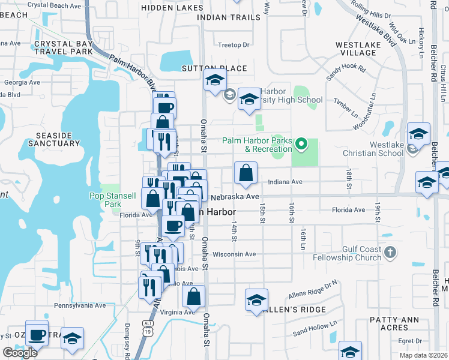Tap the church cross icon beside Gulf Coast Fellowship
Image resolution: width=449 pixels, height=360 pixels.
coord(390,252)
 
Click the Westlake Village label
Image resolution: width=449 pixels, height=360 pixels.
coord(355,49)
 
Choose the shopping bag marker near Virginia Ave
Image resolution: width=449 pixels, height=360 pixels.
coord(194,296)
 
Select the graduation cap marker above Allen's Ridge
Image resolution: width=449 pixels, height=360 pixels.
coord(256,300)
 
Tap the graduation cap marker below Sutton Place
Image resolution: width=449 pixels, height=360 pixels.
coord(214,80)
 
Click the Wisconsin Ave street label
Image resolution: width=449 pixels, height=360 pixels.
coord(234,254)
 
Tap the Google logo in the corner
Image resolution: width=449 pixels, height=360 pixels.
coord(20,353)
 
